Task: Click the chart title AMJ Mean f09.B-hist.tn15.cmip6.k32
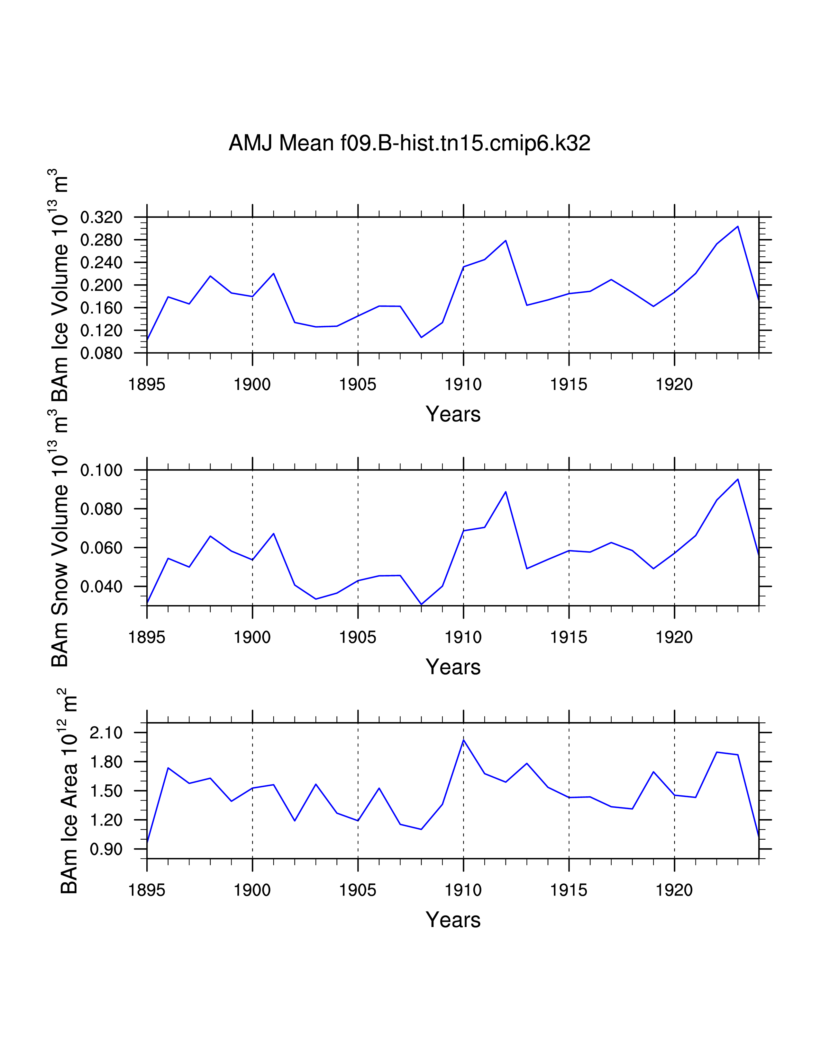coord(409,143)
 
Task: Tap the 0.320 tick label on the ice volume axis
coord(101,217)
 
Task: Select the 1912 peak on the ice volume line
coord(506,240)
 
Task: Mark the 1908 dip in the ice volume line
coord(421,337)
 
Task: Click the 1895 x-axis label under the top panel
coord(147,384)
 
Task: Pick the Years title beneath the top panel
coord(453,414)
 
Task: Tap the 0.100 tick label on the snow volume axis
coord(101,470)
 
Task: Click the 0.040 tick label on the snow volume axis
coord(101,586)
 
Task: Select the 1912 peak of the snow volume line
coord(506,492)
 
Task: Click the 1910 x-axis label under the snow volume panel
coord(463,637)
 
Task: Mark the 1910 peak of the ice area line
coord(463,740)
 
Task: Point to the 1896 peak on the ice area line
coord(168,768)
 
